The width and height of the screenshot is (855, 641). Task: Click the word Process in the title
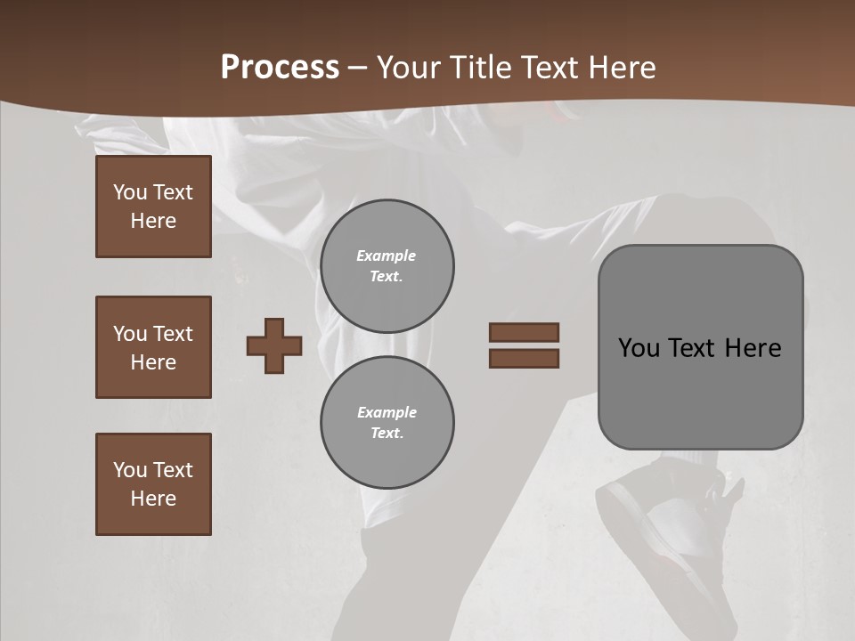coord(280,68)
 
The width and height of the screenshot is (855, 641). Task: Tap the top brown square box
coord(153,207)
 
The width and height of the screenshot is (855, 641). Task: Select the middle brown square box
coord(153,347)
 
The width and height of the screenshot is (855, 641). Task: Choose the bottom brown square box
coord(153,484)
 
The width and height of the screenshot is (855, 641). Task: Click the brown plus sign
coord(274,345)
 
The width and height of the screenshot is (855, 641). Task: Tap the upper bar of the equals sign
coord(524,332)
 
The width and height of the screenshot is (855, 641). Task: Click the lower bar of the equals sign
coord(524,358)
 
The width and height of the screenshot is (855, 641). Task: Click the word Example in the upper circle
coord(387,256)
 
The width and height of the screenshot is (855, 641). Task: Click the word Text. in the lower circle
coord(387,433)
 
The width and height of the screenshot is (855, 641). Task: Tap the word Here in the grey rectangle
coord(753,348)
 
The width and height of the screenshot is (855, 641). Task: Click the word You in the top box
coord(130,192)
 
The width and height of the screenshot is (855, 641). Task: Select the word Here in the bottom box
coord(153,499)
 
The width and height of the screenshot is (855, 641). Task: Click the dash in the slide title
coord(358,68)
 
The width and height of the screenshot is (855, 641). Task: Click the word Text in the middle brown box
coord(173,334)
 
